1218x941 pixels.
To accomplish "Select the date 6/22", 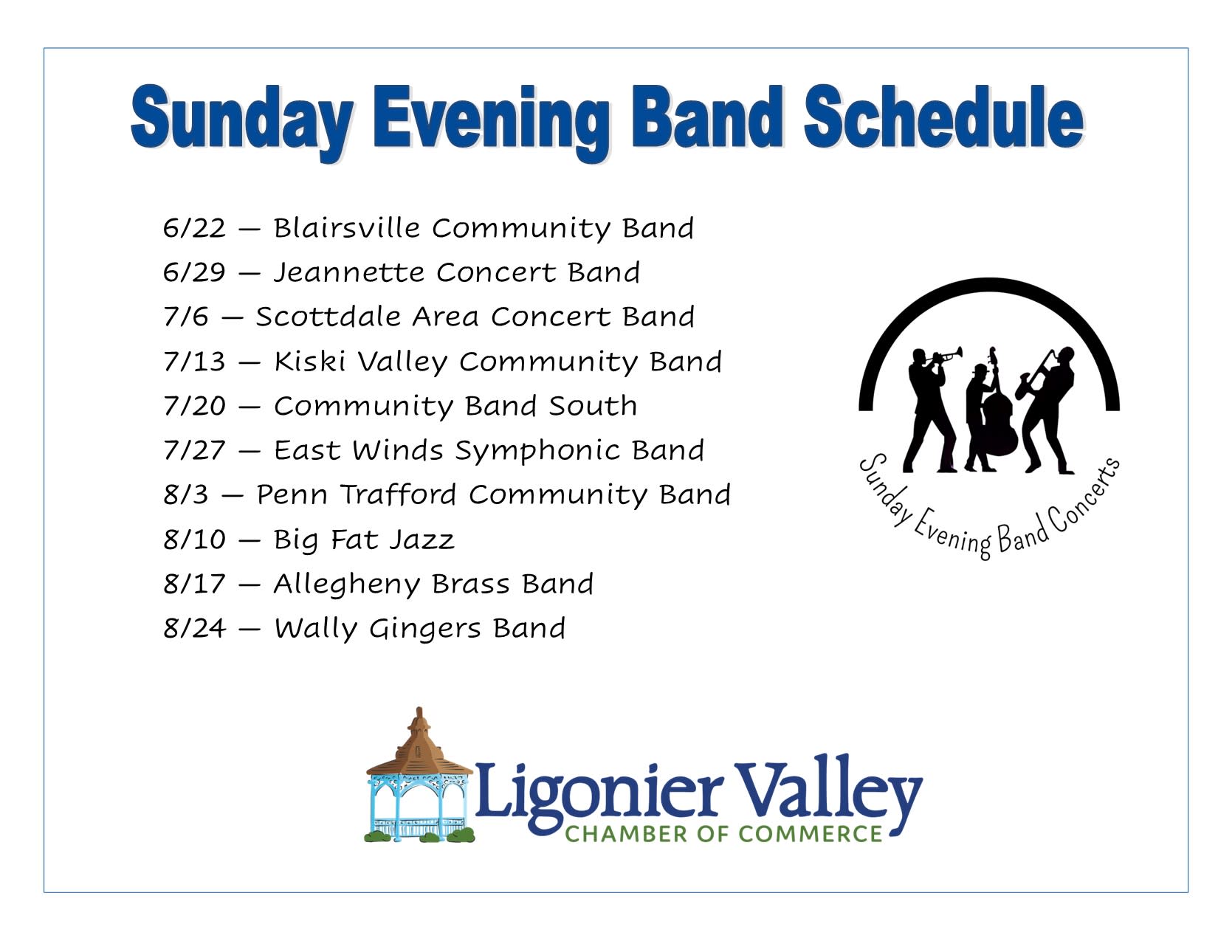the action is tap(194, 228).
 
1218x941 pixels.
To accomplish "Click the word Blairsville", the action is tap(346, 228).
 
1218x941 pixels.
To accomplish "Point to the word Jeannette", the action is tap(348, 273).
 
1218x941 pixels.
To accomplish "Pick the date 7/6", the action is tap(185, 317).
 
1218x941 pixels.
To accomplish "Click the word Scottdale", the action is tap(328, 317).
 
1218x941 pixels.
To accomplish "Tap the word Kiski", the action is tap(309, 362).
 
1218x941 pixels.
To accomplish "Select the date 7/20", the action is tap(194, 406).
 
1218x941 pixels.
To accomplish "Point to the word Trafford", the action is tap(398, 495).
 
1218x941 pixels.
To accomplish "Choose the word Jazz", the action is tap(422, 540).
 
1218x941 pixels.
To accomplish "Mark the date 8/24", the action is tap(194, 628).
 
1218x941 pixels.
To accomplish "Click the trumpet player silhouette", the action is tap(930, 410).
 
